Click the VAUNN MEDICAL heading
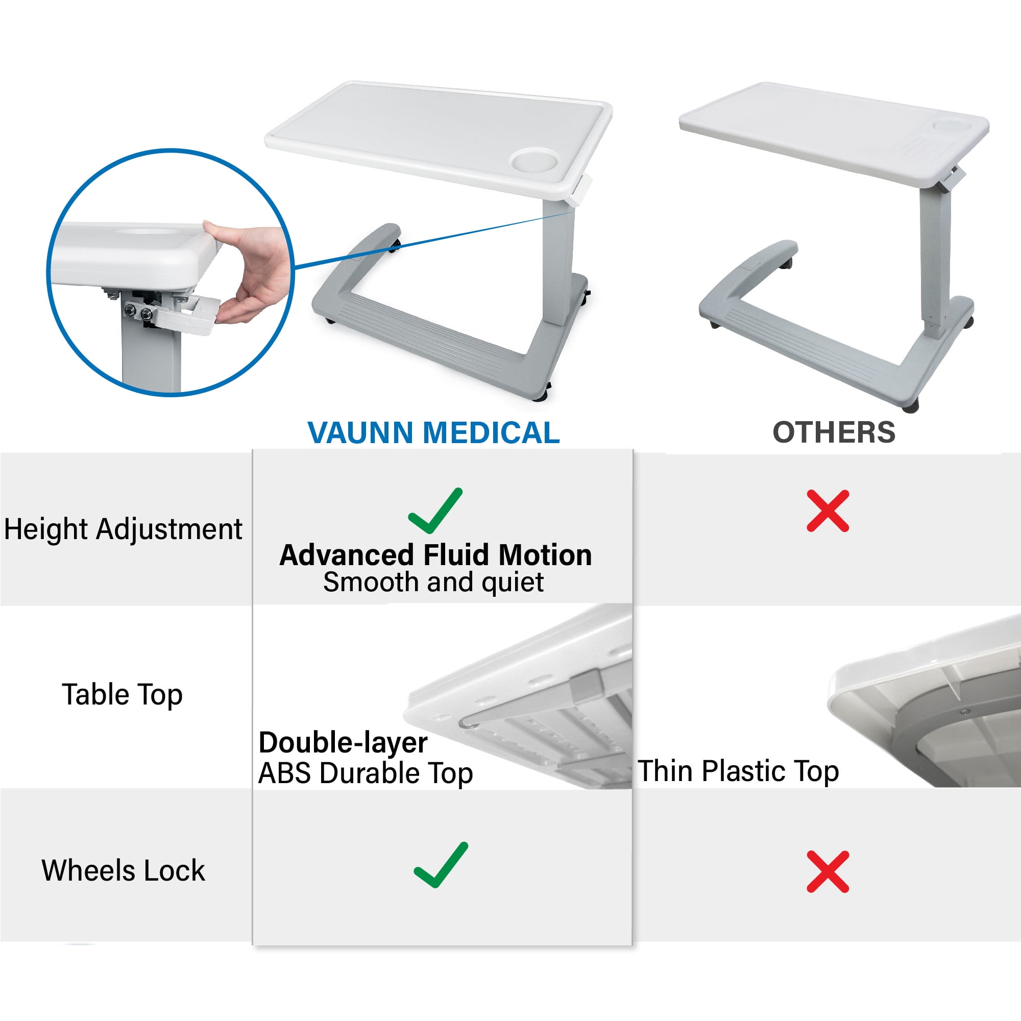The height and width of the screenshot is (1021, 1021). pyautogui.click(x=433, y=433)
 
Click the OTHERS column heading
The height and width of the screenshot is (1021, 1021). pyautogui.click(x=834, y=432)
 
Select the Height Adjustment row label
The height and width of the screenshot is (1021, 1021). pyautogui.click(x=123, y=529)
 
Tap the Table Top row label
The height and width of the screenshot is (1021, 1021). pyautogui.click(x=122, y=694)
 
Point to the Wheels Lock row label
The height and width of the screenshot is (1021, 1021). pyautogui.click(x=123, y=870)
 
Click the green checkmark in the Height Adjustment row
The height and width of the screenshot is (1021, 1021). pyautogui.click(x=435, y=510)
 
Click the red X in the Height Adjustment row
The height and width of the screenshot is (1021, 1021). pyautogui.click(x=828, y=510)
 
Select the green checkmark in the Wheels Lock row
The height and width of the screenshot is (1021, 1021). pyautogui.click(x=441, y=865)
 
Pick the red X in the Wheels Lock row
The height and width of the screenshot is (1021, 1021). pyautogui.click(x=828, y=871)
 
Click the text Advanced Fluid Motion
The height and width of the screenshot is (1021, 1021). pyautogui.click(x=435, y=555)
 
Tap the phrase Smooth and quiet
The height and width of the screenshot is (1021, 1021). pyautogui.click(x=433, y=582)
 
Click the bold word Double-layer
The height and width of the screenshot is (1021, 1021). pyautogui.click(x=343, y=742)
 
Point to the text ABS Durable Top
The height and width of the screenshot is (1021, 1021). pyautogui.click(x=365, y=773)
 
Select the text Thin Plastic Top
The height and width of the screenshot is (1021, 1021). pyautogui.click(x=738, y=770)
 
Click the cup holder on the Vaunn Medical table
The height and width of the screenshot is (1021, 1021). pyautogui.click(x=535, y=160)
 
